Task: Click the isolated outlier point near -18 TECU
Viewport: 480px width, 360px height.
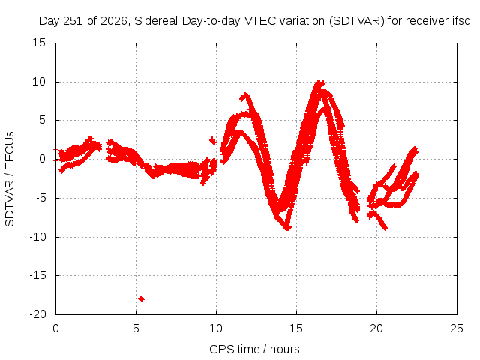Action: coord(141,298)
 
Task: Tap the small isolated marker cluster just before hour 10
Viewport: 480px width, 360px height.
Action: coord(213,141)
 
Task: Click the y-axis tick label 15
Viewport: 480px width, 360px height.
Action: coord(39,43)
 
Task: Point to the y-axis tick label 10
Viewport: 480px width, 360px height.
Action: coord(39,82)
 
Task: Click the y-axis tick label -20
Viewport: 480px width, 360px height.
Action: coord(37,314)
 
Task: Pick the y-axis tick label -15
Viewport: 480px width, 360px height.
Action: coord(37,275)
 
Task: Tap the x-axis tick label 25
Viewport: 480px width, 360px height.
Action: coord(457,328)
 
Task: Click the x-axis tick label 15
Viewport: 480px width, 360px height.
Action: coord(296,328)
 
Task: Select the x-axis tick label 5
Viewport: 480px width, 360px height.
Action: coord(136,328)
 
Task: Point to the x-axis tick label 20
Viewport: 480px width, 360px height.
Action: coord(376,328)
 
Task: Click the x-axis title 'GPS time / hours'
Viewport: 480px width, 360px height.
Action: coord(254,349)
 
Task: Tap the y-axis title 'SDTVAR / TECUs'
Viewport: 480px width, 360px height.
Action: coord(10,179)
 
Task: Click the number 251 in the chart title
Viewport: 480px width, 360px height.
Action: coord(73,21)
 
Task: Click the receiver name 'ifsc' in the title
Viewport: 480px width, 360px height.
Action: coord(461,21)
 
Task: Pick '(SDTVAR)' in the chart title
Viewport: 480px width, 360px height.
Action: coord(357,21)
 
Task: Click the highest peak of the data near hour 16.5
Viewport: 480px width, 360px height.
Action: coord(319,82)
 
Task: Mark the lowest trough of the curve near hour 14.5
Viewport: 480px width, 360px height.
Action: coord(288,228)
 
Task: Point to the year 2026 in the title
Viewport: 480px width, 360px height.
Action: coord(114,21)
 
